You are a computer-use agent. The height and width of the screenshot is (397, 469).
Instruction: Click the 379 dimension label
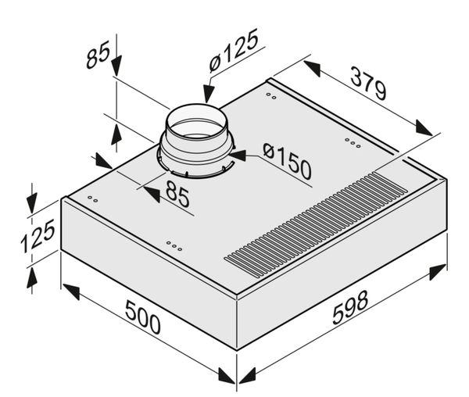click(368, 83)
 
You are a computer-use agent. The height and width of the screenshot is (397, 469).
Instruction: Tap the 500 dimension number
click(143, 317)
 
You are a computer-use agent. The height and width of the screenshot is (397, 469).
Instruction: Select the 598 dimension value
click(350, 308)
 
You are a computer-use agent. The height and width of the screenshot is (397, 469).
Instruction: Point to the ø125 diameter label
click(233, 50)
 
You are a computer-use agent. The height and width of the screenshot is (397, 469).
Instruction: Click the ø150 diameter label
click(287, 161)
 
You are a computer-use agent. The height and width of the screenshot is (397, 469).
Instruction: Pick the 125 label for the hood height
click(38, 236)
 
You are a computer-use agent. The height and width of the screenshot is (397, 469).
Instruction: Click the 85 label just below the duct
click(177, 194)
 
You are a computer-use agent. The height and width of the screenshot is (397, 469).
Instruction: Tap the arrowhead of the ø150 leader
click(238, 156)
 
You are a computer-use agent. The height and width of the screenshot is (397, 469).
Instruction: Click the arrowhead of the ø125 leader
click(208, 94)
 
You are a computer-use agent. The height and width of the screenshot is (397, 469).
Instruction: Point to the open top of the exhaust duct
click(196, 122)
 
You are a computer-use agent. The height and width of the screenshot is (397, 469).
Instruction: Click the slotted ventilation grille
click(316, 224)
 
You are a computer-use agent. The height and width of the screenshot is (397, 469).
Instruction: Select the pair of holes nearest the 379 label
click(271, 96)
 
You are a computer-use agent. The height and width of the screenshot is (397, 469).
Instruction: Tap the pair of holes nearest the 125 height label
click(92, 199)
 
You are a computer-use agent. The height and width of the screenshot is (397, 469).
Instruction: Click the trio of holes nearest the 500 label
click(174, 246)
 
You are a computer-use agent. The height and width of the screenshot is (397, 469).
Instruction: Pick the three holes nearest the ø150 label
click(353, 143)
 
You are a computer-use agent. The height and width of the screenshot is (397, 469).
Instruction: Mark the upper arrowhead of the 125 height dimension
click(31, 203)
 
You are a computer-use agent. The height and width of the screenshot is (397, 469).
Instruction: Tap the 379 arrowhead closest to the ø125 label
click(312, 69)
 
